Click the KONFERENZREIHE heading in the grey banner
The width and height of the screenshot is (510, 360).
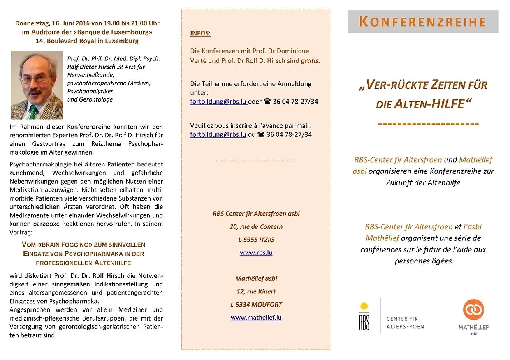(423, 22)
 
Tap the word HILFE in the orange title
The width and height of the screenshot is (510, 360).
(447, 104)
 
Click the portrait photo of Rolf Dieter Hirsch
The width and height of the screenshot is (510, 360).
(37, 85)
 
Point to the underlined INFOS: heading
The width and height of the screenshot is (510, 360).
(200, 33)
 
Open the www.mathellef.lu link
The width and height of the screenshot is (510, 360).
(256, 317)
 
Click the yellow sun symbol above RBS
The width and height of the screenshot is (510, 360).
(364, 306)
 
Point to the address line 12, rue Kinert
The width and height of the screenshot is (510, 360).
(256, 291)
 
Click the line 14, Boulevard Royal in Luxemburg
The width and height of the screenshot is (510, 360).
(87, 41)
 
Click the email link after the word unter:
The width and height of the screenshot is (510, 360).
(218, 102)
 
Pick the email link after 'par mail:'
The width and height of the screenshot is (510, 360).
(218, 134)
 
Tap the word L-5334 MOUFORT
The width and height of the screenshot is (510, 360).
(256, 305)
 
